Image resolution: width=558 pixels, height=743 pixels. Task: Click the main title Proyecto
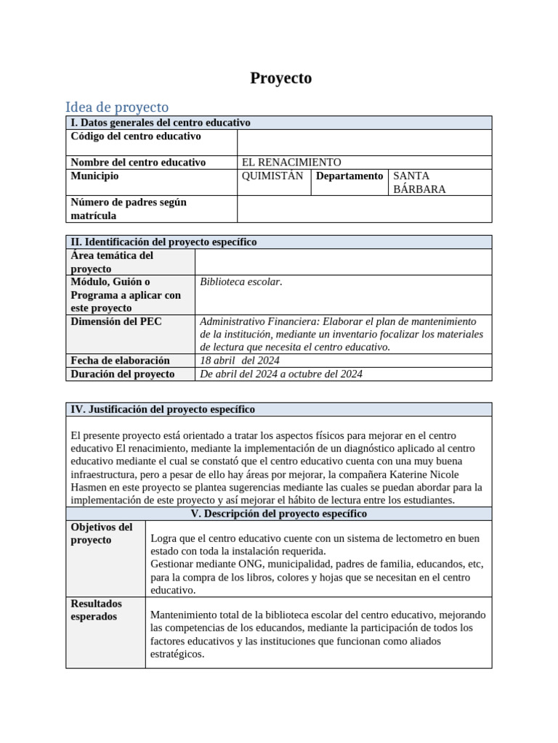point(280,78)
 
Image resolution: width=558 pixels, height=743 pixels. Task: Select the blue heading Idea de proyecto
point(116,107)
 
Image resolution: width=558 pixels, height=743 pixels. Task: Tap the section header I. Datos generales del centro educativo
point(160,123)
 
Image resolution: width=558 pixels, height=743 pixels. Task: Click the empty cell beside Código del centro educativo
point(364,142)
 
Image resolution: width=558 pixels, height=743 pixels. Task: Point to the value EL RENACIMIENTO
point(291,163)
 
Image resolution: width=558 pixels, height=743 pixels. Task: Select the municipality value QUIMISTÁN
point(272,176)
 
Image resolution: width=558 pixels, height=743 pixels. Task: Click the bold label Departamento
point(349,176)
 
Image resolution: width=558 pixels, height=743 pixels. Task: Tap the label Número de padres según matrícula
point(129,209)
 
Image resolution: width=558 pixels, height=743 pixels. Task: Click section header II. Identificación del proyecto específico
point(163,242)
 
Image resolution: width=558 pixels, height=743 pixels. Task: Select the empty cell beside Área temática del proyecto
point(343,262)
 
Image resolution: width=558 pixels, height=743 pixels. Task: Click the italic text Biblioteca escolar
point(240,282)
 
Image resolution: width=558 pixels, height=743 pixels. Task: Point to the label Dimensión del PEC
point(116,321)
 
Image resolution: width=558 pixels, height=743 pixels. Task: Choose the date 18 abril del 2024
point(239,361)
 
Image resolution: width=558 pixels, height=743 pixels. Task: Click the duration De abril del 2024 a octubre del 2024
point(280,374)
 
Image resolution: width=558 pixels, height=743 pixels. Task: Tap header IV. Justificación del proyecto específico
point(163,409)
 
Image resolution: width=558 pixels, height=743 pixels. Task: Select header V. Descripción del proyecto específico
point(278,514)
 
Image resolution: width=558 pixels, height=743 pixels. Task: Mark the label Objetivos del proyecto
point(102,534)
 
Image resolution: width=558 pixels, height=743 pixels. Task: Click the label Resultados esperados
point(97,610)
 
